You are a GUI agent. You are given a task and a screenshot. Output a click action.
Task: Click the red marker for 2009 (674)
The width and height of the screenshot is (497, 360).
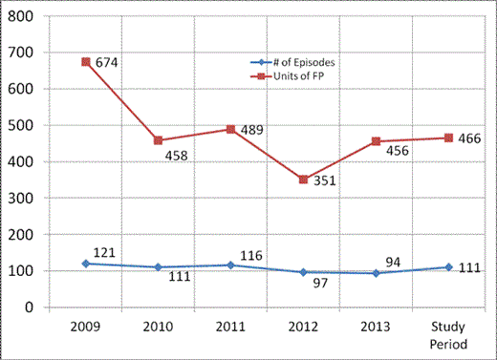[x=86, y=62]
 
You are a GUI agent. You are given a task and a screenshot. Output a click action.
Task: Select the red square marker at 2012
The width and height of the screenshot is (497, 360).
[x=304, y=180]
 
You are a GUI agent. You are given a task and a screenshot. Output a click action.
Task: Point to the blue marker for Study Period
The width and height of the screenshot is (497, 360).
[x=449, y=267]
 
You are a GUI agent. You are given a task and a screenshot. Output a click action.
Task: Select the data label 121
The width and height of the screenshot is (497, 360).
[x=104, y=252]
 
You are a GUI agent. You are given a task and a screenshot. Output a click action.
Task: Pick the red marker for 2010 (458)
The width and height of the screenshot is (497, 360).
[x=159, y=140]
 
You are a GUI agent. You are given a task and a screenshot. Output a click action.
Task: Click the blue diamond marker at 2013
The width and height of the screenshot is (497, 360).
[x=377, y=273]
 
